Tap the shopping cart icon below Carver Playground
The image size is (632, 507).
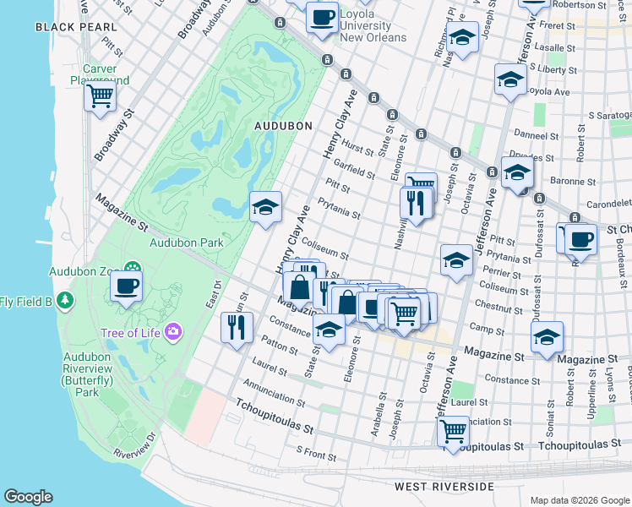click(100, 96)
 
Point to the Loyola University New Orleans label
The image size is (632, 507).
click(372, 26)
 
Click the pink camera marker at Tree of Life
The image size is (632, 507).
click(174, 331)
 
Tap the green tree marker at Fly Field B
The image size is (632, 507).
click(64, 302)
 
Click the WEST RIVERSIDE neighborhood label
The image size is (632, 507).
click(444, 487)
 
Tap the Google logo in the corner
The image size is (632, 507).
click(28, 497)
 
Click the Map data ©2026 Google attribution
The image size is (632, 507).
click(580, 500)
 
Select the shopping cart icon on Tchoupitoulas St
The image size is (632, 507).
click(454, 431)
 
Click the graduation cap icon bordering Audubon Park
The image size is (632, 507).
click(265, 207)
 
